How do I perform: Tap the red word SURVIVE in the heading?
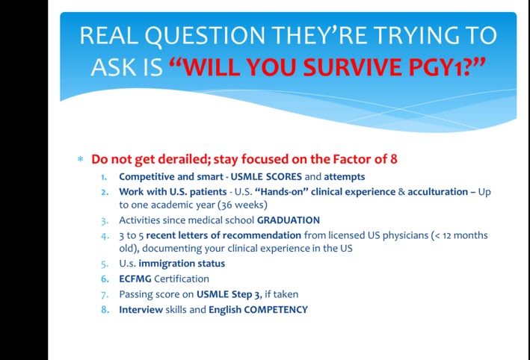click(x=353, y=67)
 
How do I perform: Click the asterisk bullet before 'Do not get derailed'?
click(x=81, y=159)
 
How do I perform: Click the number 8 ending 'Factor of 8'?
click(x=394, y=159)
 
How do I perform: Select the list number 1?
click(x=104, y=177)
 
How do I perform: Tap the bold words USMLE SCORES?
click(x=266, y=176)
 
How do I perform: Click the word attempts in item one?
click(x=345, y=177)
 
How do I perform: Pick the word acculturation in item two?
click(x=438, y=192)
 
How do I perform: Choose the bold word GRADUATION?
click(x=289, y=220)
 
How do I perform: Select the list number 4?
click(x=105, y=236)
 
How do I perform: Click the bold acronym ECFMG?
click(x=135, y=279)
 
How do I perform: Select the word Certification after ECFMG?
click(x=182, y=279)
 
